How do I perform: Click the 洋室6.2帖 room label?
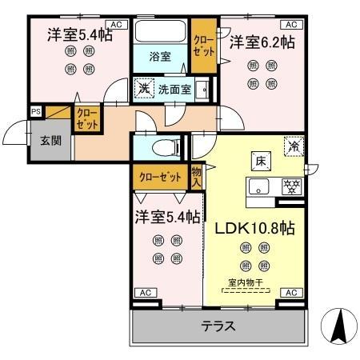[262, 42]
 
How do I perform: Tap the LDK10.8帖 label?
[254, 228]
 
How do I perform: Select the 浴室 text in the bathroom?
[161, 56]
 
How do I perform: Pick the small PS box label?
[36, 111]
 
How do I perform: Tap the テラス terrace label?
[217, 326]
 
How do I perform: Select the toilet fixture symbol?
[165, 148]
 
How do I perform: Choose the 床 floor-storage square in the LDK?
[260, 159]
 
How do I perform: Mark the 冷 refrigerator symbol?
[294, 146]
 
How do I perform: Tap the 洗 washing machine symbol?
[144, 87]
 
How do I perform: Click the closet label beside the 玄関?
[86, 120]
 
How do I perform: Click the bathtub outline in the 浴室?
[160, 33]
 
